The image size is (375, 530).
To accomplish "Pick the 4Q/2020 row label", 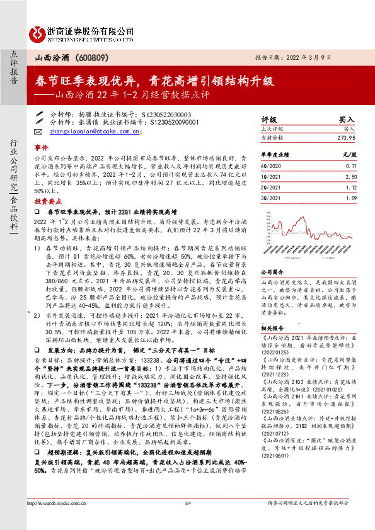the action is coord(272,165).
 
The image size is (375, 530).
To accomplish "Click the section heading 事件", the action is coord(40,145).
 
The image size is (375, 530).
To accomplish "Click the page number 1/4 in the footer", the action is coord(187,520).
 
